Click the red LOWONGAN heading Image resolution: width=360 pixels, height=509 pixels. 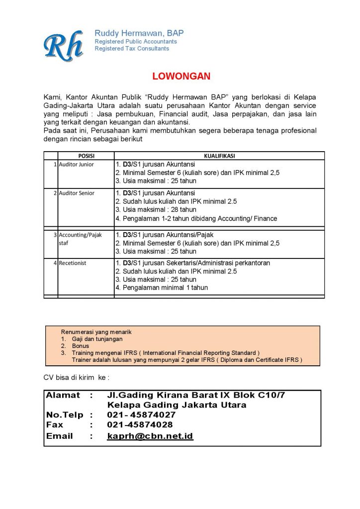[x=181, y=77]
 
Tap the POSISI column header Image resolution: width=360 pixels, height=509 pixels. [x=86, y=156]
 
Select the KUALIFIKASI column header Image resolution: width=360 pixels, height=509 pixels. [x=219, y=156]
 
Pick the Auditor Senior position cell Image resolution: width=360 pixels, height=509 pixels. [x=77, y=193]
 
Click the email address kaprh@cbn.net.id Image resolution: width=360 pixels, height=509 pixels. [x=150, y=436]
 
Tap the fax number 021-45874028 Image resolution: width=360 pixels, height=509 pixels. [x=140, y=425]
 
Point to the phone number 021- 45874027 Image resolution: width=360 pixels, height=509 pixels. [x=141, y=415]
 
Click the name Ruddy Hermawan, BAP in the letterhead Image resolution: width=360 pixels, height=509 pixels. [x=139, y=33]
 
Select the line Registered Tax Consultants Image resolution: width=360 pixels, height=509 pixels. [x=132, y=49]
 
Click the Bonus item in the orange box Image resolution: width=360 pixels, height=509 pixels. [x=81, y=346]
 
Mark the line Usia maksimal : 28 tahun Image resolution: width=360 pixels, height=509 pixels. [x=156, y=210]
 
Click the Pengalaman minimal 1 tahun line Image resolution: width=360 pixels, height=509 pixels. [x=162, y=287]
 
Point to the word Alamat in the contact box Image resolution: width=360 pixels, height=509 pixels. [x=63, y=395]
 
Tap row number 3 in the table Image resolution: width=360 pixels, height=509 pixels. [x=55, y=235]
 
